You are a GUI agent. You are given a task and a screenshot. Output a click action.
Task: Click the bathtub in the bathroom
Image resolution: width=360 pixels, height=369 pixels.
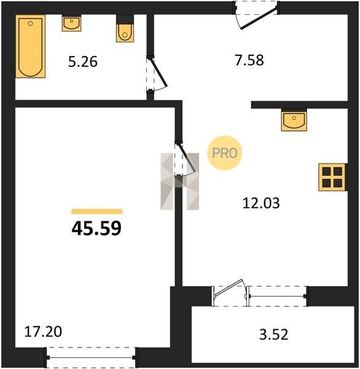tap(30, 46)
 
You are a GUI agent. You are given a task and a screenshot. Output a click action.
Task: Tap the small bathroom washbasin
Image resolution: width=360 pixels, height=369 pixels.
tap(71, 23)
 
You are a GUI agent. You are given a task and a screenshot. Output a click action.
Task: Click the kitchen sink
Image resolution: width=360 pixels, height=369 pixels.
tap(294, 120)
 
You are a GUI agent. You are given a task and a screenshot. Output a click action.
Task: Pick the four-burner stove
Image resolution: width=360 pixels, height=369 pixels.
tap(332, 177)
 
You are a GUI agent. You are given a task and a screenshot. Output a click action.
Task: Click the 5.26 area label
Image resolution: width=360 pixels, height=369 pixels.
tap(83, 62)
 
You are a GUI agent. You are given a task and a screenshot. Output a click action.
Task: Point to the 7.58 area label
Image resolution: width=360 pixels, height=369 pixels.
tap(249, 60)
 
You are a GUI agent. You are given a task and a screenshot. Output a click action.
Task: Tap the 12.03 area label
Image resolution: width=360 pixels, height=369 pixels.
tap(261, 203)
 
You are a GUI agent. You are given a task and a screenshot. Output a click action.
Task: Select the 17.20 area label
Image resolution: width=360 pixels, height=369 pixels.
tap(43, 332)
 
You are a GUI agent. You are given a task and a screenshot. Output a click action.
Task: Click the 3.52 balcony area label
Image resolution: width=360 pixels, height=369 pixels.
tap(274, 335)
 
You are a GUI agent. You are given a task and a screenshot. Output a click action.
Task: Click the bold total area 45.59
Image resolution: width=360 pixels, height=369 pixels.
tap(96, 229)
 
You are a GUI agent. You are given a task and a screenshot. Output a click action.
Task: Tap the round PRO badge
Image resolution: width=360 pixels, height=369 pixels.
tap(225, 153)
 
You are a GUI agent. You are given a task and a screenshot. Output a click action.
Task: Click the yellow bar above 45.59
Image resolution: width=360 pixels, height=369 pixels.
tap(97, 212)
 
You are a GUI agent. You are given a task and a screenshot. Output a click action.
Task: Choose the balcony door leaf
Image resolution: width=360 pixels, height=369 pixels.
tap(229, 288)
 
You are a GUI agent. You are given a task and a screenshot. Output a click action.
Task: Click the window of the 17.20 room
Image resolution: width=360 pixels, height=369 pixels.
tap(91, 357)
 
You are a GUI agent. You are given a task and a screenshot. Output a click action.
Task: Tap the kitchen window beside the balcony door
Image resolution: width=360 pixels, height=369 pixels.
tap(278, 296)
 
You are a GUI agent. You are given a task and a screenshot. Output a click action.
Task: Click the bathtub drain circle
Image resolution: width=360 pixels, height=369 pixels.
tap(30, 23)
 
